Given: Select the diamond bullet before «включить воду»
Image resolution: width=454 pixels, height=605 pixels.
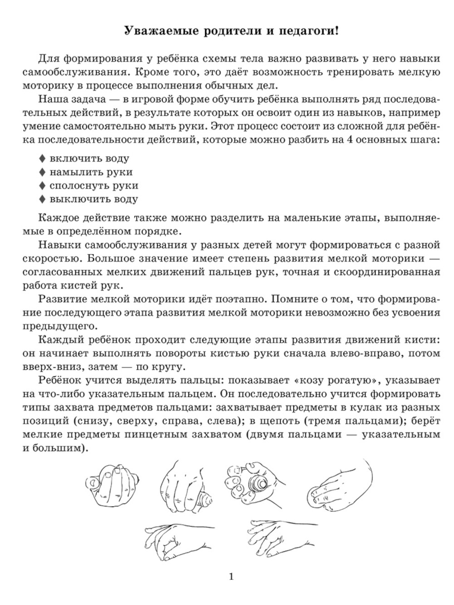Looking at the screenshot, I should click(42, 158).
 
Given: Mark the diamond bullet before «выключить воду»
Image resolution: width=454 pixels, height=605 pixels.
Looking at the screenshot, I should click(42, 199).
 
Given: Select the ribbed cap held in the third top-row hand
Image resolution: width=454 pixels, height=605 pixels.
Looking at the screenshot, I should click(256, 482).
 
